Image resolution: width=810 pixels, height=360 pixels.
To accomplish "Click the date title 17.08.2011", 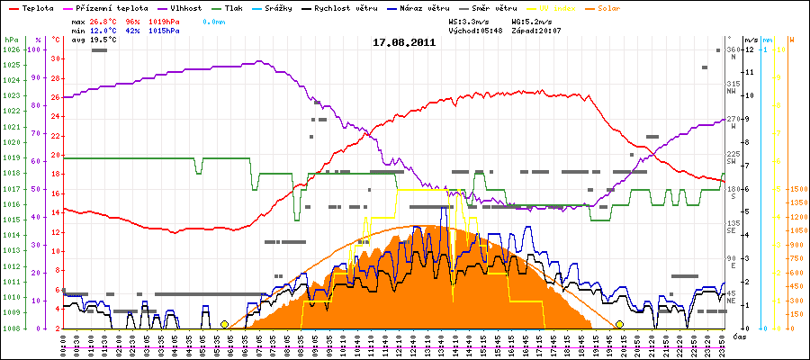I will [405, 42].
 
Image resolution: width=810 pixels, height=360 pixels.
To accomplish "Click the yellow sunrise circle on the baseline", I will [224, 324].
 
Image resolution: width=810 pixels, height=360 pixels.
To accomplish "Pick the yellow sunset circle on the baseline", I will [619, 324].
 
